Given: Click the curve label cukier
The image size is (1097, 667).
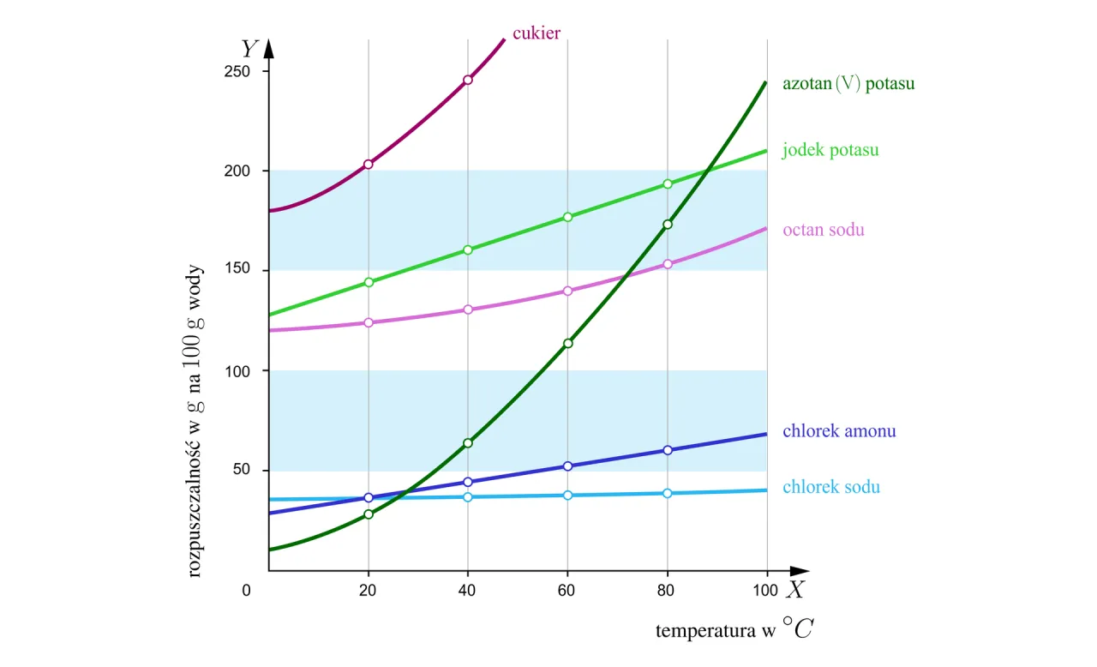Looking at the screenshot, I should (537, 33).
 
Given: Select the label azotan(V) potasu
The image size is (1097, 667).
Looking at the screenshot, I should (848, 84).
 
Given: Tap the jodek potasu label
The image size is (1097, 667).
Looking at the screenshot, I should (830, 150).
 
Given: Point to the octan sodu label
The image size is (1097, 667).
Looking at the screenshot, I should (824, 230).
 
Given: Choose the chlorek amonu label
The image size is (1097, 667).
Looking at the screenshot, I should (839, 430).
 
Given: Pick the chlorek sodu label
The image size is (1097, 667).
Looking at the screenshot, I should (830, 487).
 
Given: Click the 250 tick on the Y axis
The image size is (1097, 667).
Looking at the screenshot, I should (237, 71).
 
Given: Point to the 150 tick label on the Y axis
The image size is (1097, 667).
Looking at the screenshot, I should (237, 270).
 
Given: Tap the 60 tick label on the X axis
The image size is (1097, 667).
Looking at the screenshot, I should (567, 590).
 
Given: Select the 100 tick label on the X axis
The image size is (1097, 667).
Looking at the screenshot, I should (765, 590).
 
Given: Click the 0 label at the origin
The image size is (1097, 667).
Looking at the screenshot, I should (247, 590).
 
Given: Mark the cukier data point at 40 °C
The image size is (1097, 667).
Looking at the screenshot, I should (468, 80).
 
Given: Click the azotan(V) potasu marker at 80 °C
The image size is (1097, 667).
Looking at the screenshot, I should (668, 224).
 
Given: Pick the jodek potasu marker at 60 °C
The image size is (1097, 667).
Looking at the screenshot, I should (567, 217).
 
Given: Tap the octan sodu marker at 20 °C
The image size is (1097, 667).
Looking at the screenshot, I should (369, 322).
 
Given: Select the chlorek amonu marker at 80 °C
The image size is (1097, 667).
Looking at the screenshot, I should (668, 450).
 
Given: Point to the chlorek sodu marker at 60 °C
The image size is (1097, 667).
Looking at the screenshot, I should (567, 495).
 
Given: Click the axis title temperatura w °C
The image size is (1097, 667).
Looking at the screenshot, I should (734, 631).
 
